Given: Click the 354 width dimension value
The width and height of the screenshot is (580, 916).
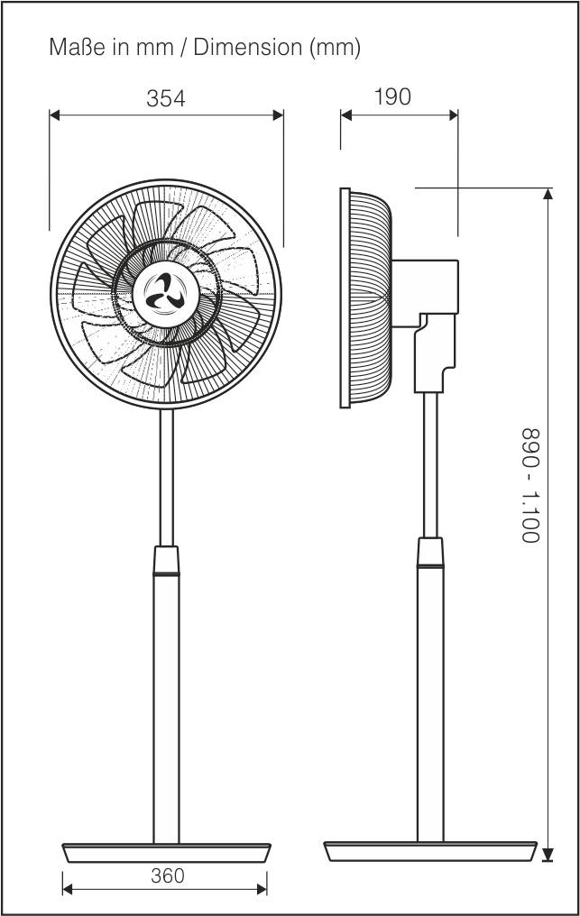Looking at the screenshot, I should tap(166, 98).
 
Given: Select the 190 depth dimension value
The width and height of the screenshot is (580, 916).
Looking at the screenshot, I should tap(392, 96).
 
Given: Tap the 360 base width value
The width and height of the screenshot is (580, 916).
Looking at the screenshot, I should tap(167, 875).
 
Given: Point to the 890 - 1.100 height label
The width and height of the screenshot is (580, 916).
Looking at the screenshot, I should tap(530, 484).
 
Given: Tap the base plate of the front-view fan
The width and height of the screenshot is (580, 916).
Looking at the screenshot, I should tap(166, 852).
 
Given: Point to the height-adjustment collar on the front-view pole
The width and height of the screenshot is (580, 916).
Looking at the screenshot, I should tap(166, 561).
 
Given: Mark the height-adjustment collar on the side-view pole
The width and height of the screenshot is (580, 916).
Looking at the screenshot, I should tap(430, 553).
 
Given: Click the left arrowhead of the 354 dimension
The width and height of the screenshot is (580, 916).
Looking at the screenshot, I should tap(54, 114).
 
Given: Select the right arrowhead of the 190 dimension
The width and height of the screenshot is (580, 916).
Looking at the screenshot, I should tap(453, 114).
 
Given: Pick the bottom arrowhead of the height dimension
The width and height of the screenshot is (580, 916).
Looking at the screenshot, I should tap(547, 856).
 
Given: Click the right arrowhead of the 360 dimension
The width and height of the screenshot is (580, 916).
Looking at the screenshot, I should tap(262, 889).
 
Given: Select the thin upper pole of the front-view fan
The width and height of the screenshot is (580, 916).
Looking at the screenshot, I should tap(166, 478).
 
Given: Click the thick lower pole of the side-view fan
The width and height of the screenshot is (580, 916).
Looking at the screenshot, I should tap(430, 703).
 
